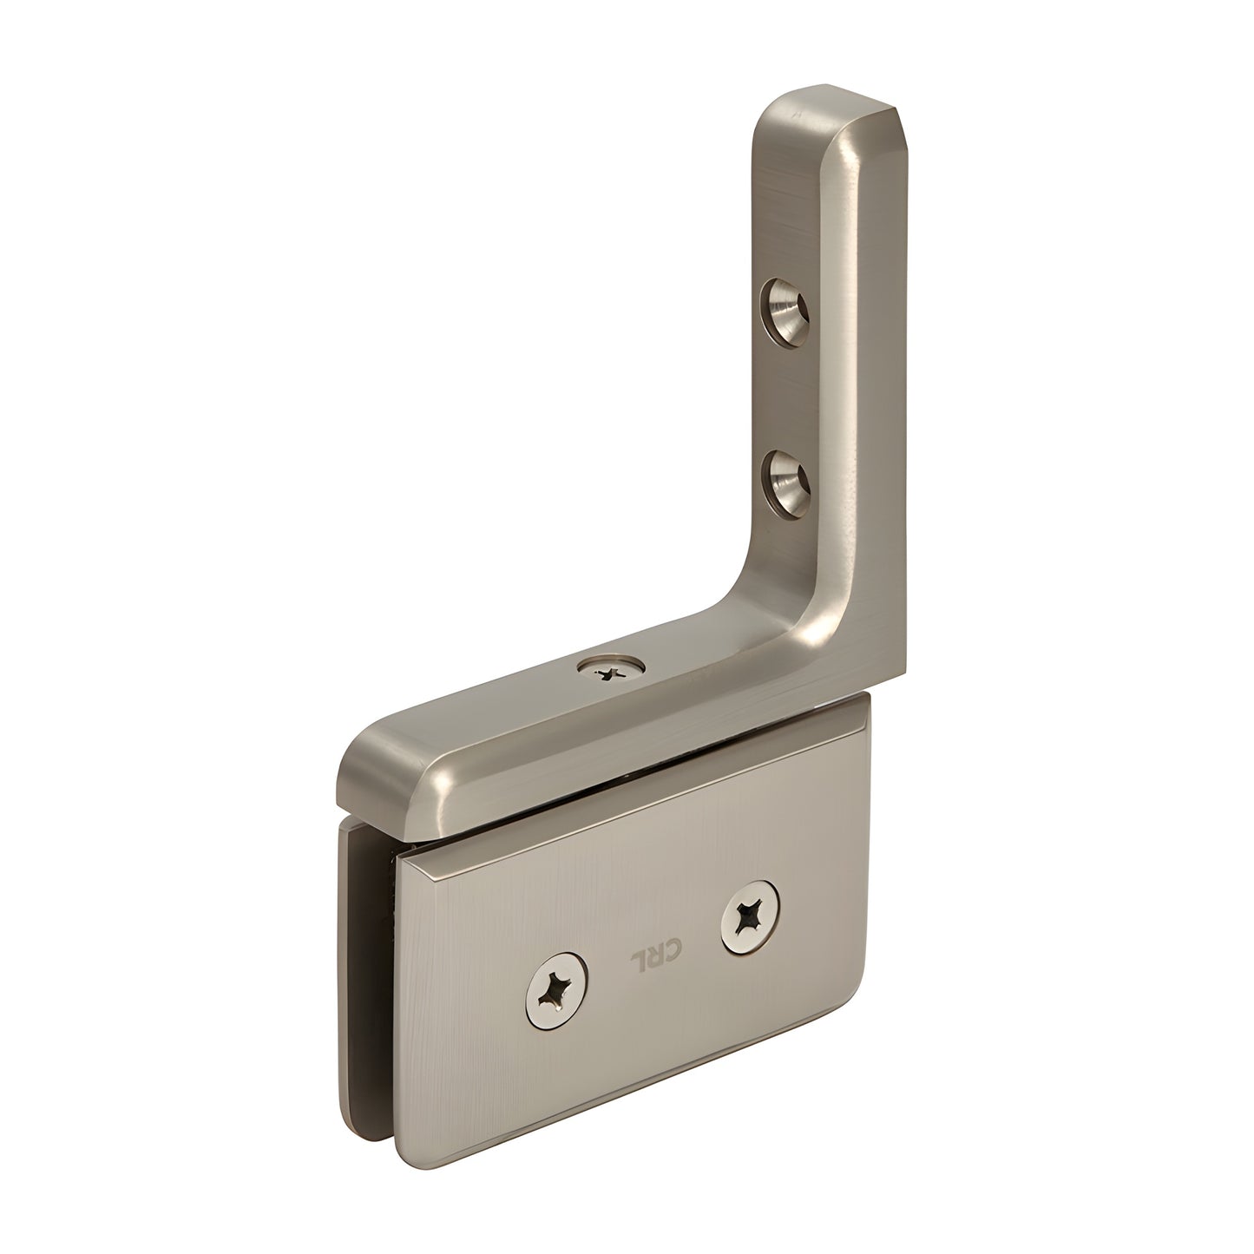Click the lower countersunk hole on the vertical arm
pyautogui.click(x=786, y=482)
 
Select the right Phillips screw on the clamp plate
pyautogui.click(x=749, y=914)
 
